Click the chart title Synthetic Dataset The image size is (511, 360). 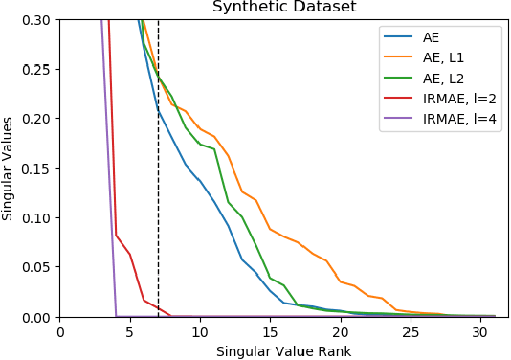coord(283,7)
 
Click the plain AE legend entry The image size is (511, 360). coord(432,38)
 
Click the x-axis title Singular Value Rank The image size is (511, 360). coord(283,351)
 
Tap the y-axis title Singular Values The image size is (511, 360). coord(9,168)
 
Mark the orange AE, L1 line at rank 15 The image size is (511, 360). coord(270,229)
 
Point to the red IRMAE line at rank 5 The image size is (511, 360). coord(130,255)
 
